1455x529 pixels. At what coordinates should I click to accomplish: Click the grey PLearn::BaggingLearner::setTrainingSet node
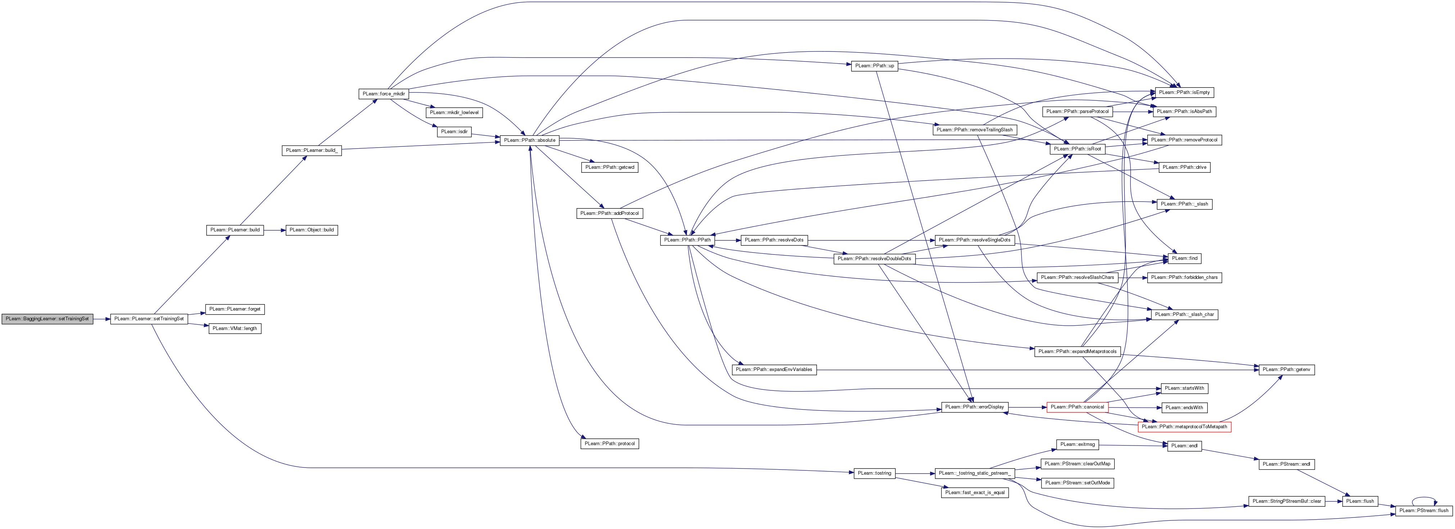click(x=48, y=319)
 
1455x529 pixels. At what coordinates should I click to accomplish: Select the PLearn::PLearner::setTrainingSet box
click(x=149, y=319)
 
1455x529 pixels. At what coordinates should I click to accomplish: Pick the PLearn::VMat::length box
click(x=235, y=329)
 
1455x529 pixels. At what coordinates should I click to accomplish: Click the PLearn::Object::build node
click(x=312, y=230)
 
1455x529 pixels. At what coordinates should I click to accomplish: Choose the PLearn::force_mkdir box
click(x=384, y=94)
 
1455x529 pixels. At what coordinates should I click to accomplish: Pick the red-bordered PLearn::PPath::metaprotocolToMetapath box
click(x=1184, y=427)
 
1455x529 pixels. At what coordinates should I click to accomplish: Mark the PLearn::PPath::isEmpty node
click(x=1183, y=92)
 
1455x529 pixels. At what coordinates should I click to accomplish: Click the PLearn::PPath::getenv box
click(x=1287, y=370)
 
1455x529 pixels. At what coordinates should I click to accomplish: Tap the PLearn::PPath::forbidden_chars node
click(x=1184, y=278)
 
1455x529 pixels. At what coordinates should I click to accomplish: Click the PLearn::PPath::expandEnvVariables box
click(x=774, y=370)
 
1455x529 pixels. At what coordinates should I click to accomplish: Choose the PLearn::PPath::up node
click(x=875, y=66)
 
